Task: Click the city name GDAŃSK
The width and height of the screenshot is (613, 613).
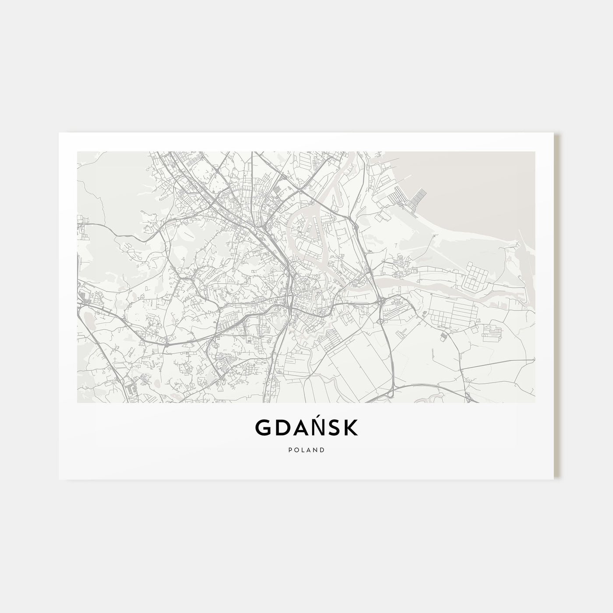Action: [x=306, y=428]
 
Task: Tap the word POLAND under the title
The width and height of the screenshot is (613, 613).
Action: [x=306, y=450]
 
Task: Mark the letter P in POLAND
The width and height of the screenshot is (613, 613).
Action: [x=290, y=450]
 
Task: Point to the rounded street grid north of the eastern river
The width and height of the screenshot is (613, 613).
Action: [x=476, y=276]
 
